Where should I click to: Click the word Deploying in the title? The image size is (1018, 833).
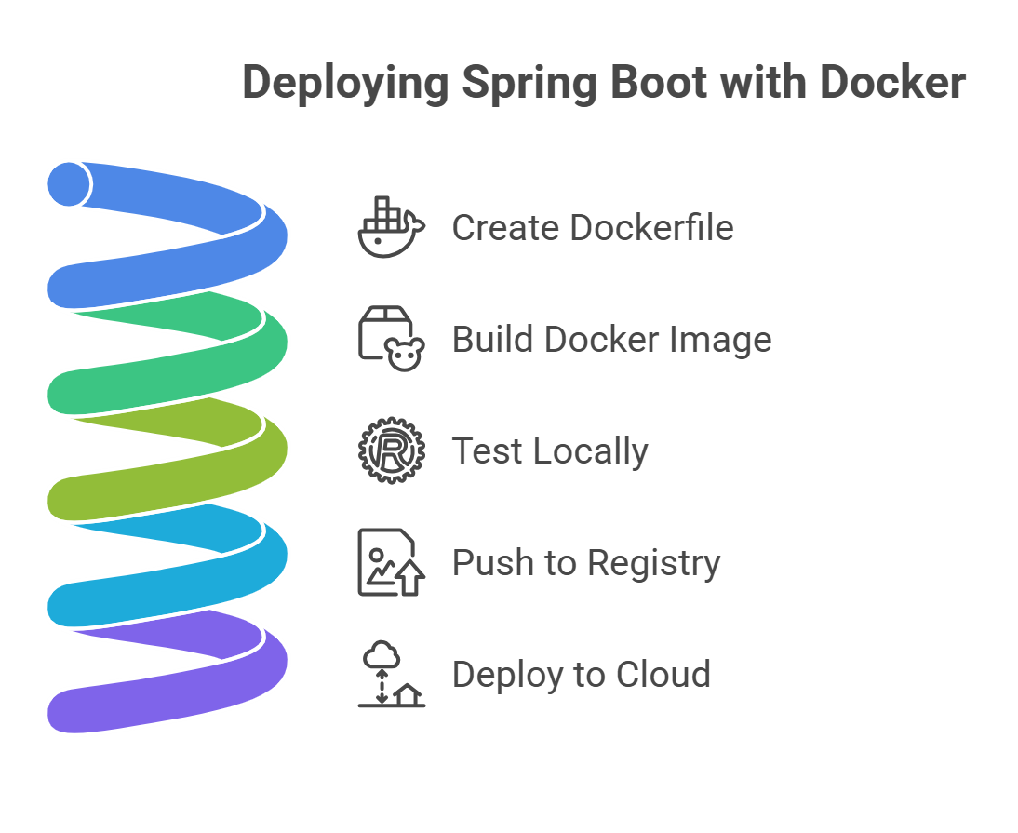coord(345,84)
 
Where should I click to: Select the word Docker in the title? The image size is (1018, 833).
coord(892,84)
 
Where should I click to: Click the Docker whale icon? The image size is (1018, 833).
coord(391,228)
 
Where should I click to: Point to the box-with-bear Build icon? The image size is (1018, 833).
coord(391,339)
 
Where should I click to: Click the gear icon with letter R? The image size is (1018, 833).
coord(391,451)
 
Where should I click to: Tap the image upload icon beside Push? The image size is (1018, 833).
coord(391,562)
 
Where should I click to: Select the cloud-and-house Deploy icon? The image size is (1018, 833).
coord(391,674)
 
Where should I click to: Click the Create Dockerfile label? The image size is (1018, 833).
coord(593,228)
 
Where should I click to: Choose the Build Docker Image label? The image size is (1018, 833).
coord(611,340)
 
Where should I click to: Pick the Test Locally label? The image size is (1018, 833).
coord(550,451)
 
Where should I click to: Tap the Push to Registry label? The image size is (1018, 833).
coord(586,563)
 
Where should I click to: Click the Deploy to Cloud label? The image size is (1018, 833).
coord(582,674)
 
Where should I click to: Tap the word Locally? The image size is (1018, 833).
coord(589,451)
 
